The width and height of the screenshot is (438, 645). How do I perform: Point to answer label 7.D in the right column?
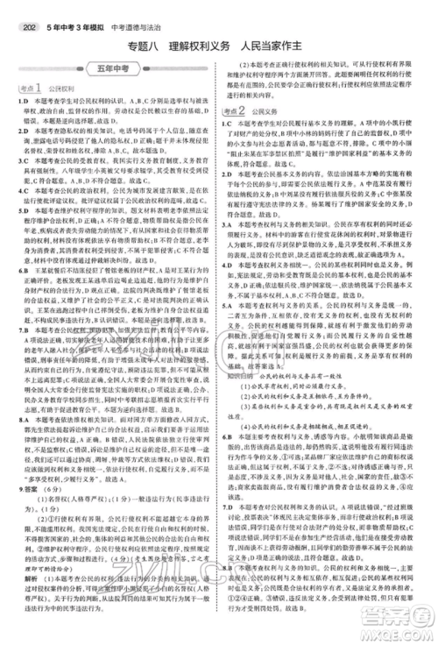coord(233,506)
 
